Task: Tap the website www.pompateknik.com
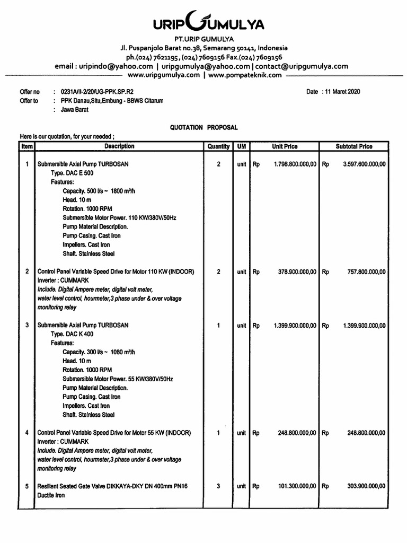tap(245, 75)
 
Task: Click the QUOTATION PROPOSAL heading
tap(203, 127)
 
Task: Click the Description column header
tap(119, 146)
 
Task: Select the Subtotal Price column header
tap(354, 146)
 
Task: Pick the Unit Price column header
tap(285, 146)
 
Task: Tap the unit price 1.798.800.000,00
tap(295, 164)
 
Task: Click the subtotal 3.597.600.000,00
tap(364, 164)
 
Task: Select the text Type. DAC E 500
tap(72, 173)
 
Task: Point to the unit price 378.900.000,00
tap(297, 272)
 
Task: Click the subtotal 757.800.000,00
tap(366, 272)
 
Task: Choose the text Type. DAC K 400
tap(73, 334)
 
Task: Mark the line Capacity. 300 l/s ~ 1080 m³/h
tap(99, 352)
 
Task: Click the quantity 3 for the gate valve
tap(218, 486)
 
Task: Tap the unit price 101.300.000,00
tap(297, 486)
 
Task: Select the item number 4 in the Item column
tap(26, 433)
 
